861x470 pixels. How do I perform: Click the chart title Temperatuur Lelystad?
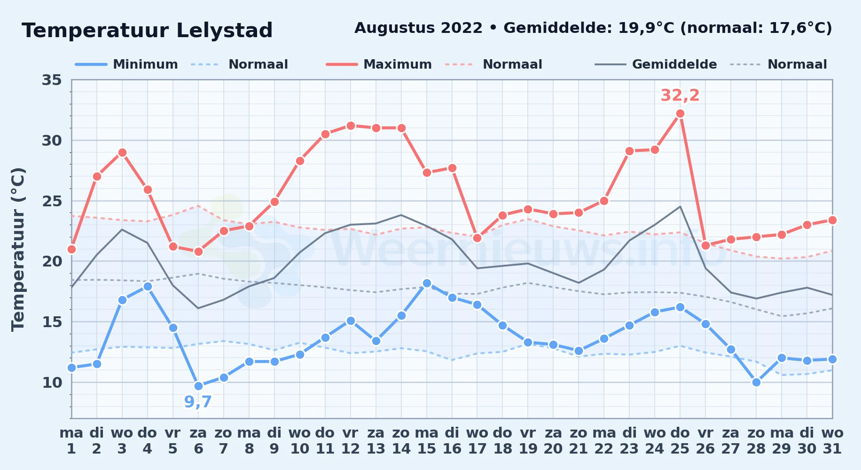147,31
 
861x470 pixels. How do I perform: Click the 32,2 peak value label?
680,95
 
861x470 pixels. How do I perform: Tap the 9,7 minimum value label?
198,402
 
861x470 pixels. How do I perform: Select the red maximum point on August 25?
680,113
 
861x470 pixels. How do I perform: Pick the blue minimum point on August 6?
198,386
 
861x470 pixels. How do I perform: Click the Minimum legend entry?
126,64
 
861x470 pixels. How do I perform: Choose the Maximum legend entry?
379,64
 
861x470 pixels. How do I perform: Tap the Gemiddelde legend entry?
656,64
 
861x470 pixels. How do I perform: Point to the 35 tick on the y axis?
52,80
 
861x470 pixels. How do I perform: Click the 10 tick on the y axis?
52,383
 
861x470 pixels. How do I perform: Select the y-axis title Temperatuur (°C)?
18,249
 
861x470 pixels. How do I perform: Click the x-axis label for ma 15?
427,440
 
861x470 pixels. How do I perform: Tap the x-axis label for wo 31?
832,440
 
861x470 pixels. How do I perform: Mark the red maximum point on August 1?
71,249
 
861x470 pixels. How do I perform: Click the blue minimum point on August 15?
427,283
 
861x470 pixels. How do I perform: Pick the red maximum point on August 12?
351,125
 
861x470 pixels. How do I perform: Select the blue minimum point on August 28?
756,382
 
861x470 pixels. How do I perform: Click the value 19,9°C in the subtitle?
646,28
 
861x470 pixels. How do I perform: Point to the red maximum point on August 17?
477,238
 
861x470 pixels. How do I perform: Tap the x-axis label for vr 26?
705,440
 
